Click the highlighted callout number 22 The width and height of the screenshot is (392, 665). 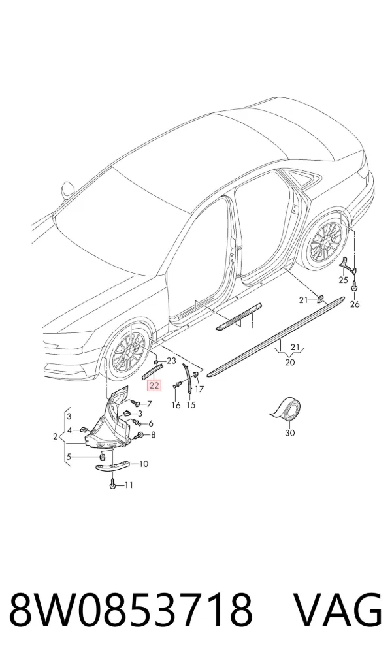[x=154, y=385]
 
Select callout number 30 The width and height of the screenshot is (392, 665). [x=290, y=433]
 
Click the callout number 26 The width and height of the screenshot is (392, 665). [x=355, y=304]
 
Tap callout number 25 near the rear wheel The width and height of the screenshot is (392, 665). [x=343, y=280]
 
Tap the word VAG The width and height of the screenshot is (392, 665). [x=338, y=611]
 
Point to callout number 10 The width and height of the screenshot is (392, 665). [x=143, y=464]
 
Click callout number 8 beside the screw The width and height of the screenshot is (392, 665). [x=153, y=434]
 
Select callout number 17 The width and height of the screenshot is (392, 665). [x=199, y=389]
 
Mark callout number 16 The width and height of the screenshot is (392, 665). [x=176, y=406]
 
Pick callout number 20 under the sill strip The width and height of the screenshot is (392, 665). [x=290, y=362]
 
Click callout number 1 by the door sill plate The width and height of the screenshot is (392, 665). [x=252, y=325]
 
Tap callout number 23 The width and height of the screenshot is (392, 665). [x=171, y=361]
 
